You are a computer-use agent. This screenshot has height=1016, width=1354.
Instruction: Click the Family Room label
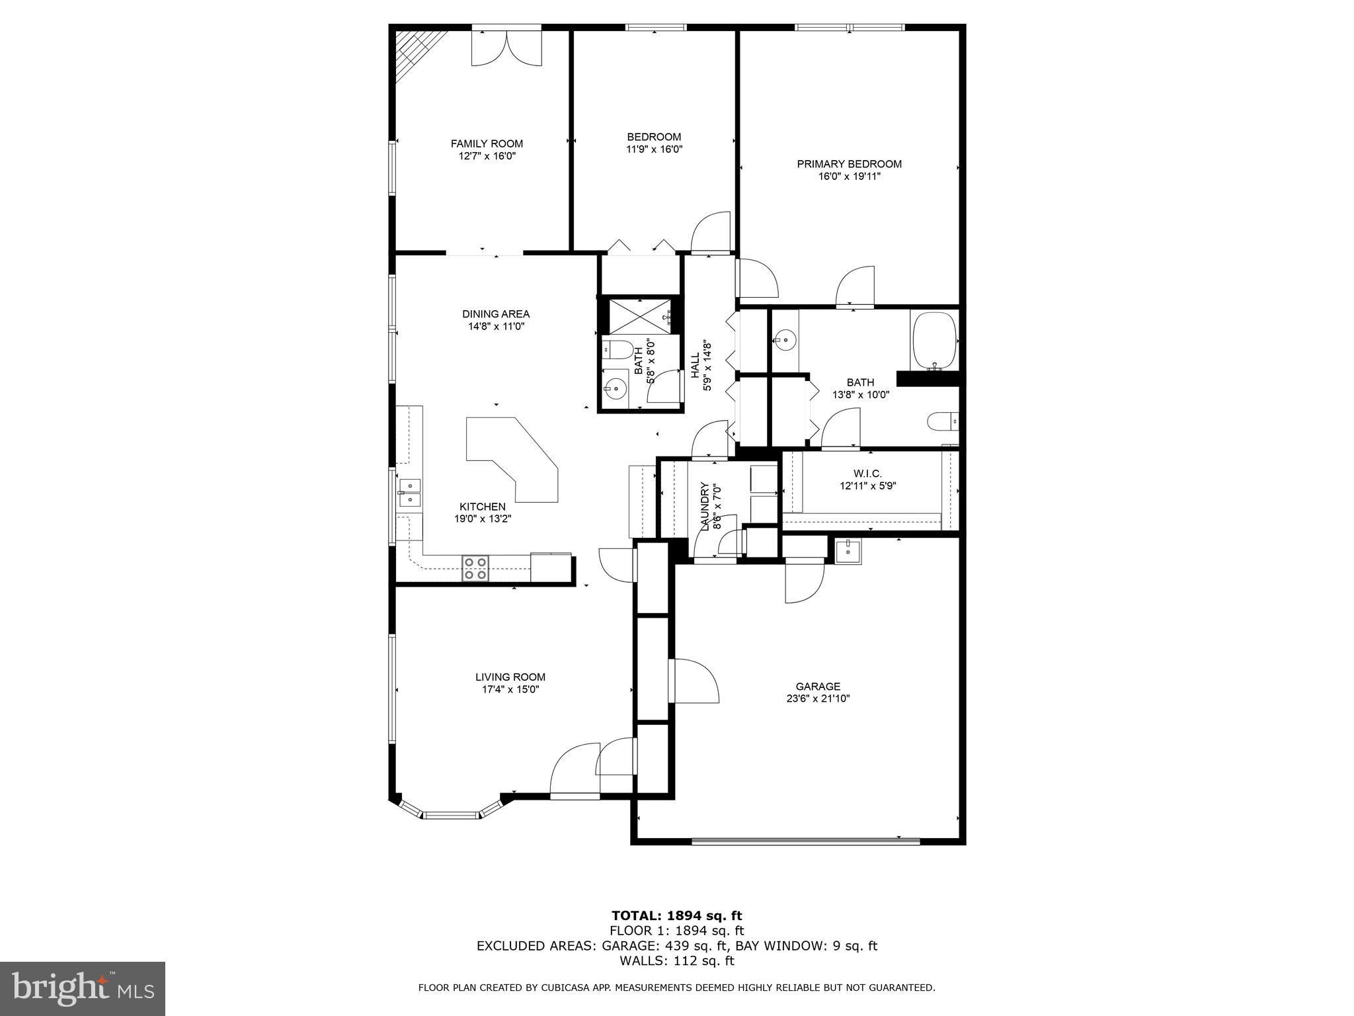pos(487,144)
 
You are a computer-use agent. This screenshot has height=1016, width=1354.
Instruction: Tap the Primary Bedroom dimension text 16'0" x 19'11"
pos(849,177)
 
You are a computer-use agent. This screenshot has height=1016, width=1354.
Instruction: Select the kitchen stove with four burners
pos(476,568)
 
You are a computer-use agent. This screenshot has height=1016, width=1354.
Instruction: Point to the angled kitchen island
pos(512,456)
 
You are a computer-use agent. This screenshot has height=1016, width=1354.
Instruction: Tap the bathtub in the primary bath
pos(934,341)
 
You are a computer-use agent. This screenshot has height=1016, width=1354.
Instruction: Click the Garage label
pos(818,687)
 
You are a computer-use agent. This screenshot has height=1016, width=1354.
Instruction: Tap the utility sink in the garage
pos(848,550)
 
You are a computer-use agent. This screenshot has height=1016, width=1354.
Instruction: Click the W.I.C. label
pos(867,474)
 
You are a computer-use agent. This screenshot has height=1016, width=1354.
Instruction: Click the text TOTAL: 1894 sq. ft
pos(676,916)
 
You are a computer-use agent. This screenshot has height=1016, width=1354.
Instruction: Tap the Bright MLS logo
pos(83,988)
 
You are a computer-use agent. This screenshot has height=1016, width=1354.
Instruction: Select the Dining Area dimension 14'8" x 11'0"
pos(496,326)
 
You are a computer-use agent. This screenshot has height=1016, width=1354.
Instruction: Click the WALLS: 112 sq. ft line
pos(676,961)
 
